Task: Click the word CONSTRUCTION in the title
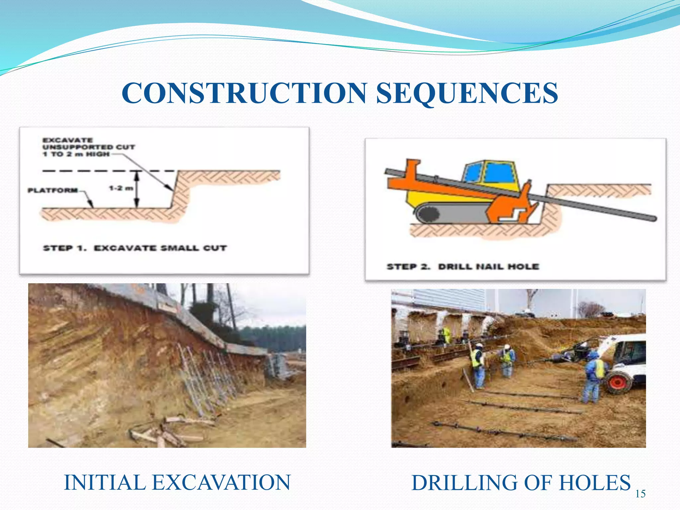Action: tap(244, 93)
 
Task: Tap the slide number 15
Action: tap(640, 494)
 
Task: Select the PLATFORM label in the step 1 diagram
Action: tap(52, 190)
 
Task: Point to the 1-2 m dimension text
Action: tap(121, 188)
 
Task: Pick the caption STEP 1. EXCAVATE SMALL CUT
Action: tap(135, 248)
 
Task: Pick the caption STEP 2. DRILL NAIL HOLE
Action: tap(463, 267)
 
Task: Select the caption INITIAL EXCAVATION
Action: tap(177, 482)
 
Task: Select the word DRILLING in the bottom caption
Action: tap(461, 482)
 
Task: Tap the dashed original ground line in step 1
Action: tap(100, 171)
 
